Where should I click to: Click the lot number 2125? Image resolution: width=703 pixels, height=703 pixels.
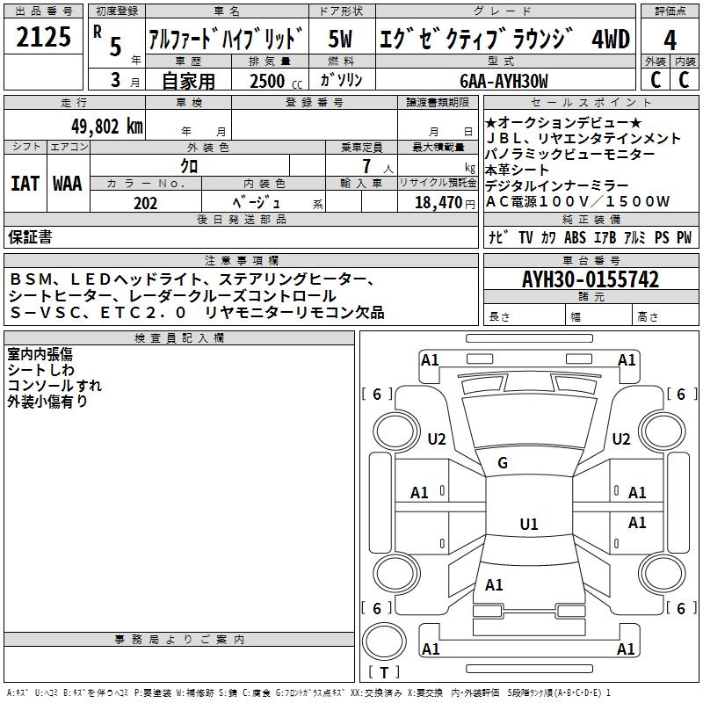44,37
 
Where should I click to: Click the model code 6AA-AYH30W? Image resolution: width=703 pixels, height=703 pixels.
504,81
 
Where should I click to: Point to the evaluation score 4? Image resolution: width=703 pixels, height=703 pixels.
670,40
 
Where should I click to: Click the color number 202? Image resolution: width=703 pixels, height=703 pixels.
146,203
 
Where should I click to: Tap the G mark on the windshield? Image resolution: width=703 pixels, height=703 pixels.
503,463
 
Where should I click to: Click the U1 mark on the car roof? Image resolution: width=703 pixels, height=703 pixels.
528,525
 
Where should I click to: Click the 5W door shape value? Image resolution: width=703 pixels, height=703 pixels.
341,40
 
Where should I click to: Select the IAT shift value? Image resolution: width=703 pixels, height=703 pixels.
24,183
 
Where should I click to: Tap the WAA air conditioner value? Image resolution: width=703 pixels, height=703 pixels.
68,183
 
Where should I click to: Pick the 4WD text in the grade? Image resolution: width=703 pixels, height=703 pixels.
611,40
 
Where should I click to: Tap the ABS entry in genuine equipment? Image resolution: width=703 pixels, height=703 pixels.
575,237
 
